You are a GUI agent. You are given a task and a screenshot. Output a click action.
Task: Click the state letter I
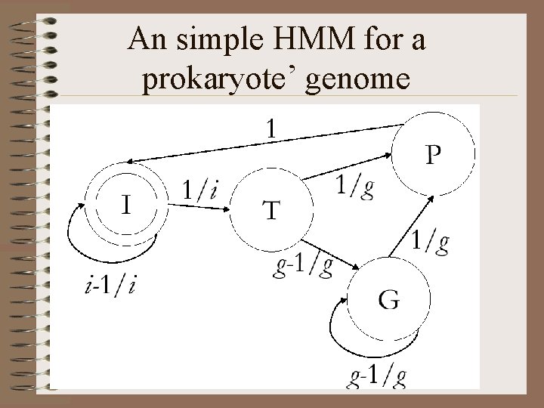click(128, 203)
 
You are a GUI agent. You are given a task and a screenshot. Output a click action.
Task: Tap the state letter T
click(269, 210)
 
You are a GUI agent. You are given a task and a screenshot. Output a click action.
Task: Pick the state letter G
click(389, 299)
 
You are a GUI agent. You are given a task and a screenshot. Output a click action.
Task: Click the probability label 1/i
click(199, 191)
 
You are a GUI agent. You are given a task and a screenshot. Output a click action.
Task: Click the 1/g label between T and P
click(355, 184)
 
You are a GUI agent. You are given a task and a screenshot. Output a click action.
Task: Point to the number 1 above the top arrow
click(270, 129)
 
